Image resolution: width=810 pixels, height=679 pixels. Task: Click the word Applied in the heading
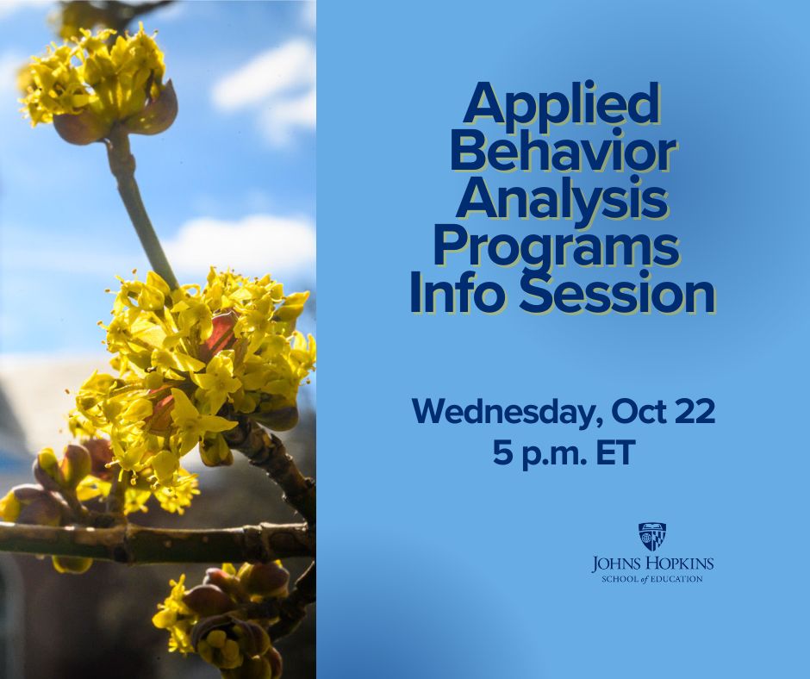562,105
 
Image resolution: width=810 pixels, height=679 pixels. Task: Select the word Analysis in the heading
562,202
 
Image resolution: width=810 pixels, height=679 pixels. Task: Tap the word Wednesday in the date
508,413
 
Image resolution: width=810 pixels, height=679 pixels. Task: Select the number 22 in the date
696,411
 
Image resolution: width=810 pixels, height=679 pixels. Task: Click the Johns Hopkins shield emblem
652,536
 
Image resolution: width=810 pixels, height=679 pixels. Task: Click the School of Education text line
652,579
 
